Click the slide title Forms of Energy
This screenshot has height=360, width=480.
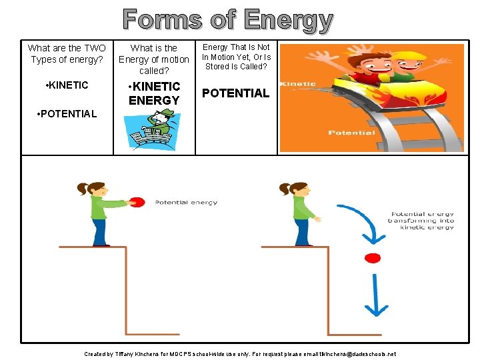(227, 20)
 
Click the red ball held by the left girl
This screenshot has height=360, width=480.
(137, 202)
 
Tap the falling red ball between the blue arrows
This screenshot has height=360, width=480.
(373, 258)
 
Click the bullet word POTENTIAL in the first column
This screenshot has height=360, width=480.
(67, 113)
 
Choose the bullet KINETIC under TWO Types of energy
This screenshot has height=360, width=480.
(66, 85)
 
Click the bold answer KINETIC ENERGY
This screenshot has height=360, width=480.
(154, 93)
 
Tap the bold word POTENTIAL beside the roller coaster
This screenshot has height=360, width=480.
(235, 93)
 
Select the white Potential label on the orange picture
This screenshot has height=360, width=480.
(351, 133)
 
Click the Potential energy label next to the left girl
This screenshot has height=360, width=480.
(186, 202)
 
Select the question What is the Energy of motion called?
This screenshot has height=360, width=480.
(154, 59)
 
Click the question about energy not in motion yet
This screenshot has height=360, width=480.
(237, 57)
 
